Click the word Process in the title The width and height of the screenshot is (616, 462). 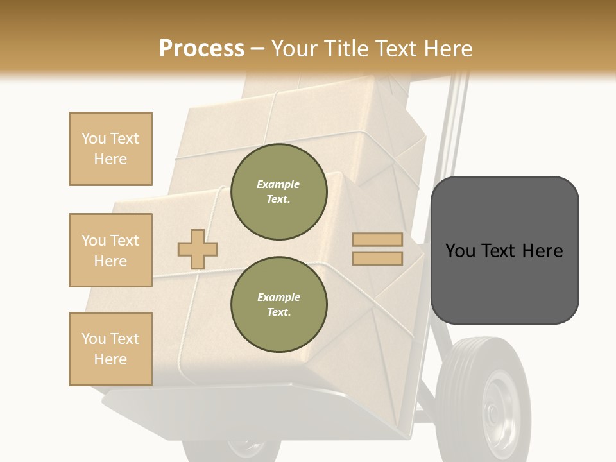pyautogui.click(x=201, y=48)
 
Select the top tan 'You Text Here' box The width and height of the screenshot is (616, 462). pyautogui.click(x=110, y=149)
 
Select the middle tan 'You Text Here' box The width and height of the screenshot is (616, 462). pyautogui.click(x=110, y=250)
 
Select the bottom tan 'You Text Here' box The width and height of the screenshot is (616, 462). pyautogui.click(x=110, y=349)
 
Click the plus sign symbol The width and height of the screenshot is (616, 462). pyautogui.click(x=198, y=249)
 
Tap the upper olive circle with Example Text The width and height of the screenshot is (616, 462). pyautogui.click(x=278, y=192)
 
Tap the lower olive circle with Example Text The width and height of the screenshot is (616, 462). pyautogui.click(x=278, y=305)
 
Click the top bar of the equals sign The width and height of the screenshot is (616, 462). pyautogui.click(x=377, y=240)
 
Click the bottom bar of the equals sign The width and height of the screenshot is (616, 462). pyautogui.click(x=377, y=259)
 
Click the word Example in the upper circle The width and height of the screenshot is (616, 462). pyautogui.click(x=278, y=185)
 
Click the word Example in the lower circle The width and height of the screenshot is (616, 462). pyautogui.click(x=278, y=298)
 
